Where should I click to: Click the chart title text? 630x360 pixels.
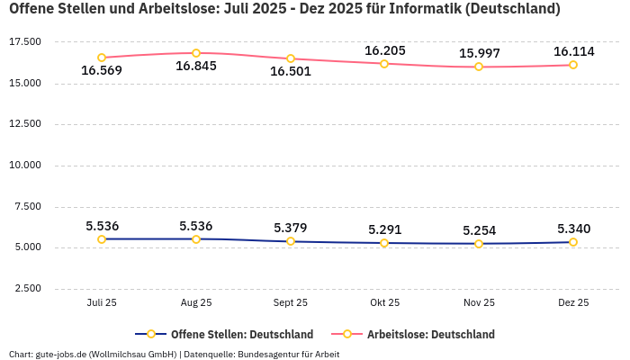tap(284, 10)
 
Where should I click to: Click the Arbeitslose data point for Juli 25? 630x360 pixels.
tap(102, 58)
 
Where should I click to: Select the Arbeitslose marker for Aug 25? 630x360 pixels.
tap(196, 53)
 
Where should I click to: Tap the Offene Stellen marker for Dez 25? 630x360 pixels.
tap(573, 242)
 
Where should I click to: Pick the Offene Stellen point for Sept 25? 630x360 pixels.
tap(291, 241)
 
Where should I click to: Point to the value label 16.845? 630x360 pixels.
tap(196, 67)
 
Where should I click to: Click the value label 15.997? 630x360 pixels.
tap(479, 53)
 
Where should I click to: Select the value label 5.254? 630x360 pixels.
tap(479, 230)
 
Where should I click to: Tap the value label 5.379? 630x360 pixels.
tap(291, 228)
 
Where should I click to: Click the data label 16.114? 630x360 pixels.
tap(573, 51)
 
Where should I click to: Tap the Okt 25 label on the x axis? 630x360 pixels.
tap(384, 303)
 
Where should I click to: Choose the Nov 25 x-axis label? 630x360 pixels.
tap(479, 303)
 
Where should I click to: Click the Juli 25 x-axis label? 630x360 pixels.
tap(102, 303)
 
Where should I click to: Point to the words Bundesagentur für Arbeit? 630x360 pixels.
tap(288, 355)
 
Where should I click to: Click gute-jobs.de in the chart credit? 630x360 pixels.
tap(60, 355)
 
